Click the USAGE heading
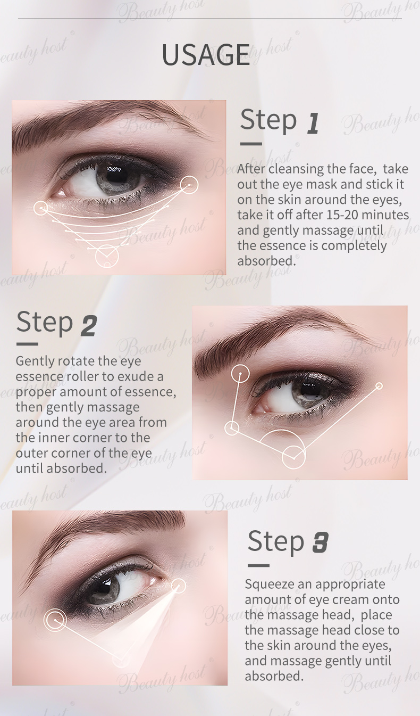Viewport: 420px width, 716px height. click(x=206, y=55)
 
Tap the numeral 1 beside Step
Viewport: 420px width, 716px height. click(x=313, y=123)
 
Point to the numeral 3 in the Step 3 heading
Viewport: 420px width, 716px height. click(x=320, y=542)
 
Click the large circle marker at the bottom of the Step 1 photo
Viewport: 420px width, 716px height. click(x=107, y=257)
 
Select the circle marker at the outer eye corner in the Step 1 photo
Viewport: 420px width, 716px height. click(x=189, y=185)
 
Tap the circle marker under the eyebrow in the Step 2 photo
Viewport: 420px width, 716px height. click(x=240, y=373)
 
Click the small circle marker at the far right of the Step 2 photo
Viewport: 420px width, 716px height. click(x=379, y=386)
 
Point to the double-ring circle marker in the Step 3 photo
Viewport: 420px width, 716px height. click(x=55, y=620)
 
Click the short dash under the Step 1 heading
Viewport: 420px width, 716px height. click(x=251, y=144)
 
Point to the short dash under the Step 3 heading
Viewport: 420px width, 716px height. click(x=258, y=565)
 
